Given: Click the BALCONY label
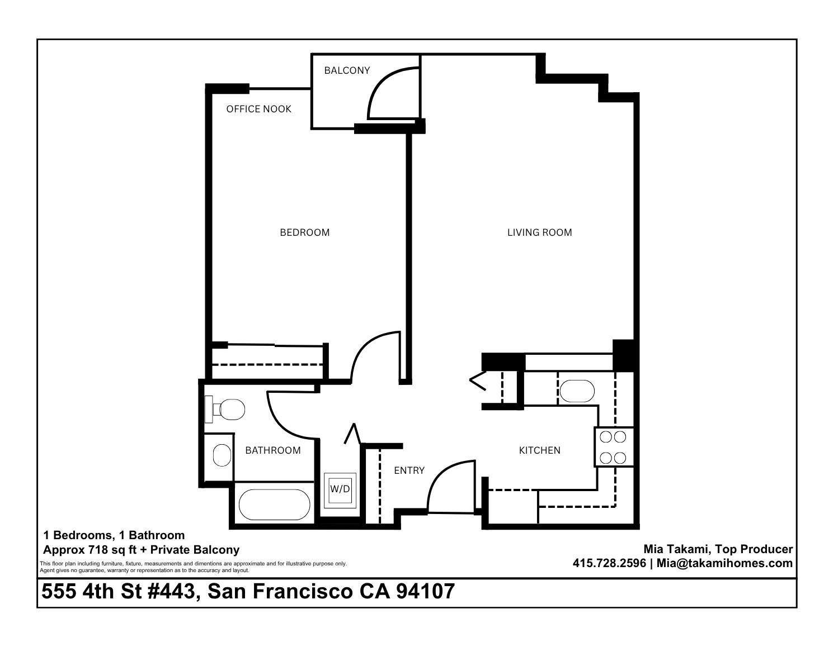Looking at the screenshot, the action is point(347,70).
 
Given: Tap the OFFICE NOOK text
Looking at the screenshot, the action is point(259,109).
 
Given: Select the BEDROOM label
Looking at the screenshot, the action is point(305,232).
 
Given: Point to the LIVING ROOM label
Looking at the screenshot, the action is point(539,232).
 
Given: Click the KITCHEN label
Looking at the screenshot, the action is point(539,450).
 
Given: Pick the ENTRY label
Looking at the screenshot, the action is point(409,470).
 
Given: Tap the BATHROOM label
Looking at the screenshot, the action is point(273,450).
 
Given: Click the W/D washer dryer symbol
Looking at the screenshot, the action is point(340,489).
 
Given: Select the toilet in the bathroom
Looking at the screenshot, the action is point(225,410).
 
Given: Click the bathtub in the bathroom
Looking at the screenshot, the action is point(274,505).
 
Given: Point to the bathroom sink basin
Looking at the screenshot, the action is point(222,455).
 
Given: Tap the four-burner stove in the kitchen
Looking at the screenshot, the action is point(614,448).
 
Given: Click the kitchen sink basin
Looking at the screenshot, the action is point(577,391).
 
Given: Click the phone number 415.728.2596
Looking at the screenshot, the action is point(609,563).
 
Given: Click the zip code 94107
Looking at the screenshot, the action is point(425,592).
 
